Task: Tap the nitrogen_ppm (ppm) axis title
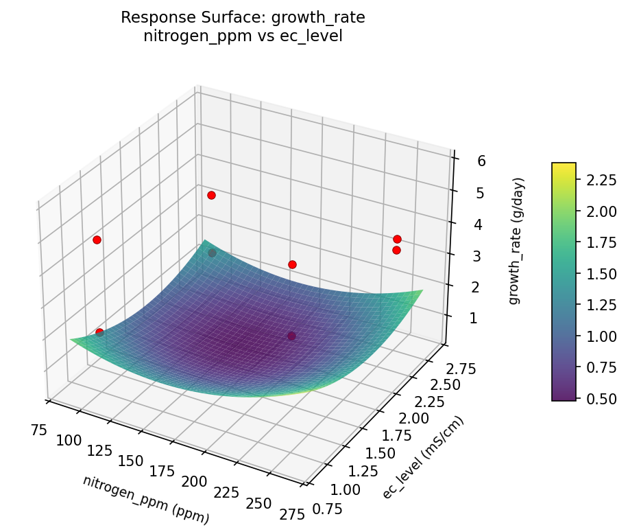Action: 145,500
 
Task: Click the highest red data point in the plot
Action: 211,195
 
